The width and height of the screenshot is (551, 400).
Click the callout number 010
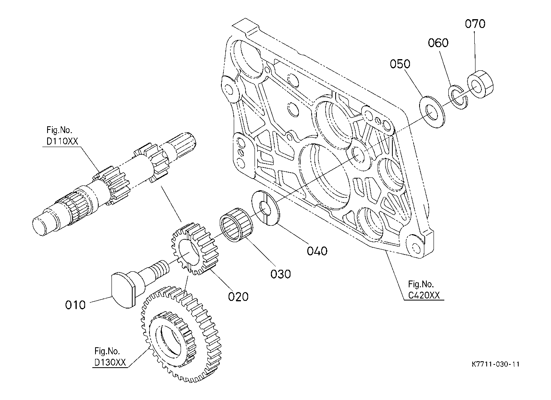(x=75, y=305)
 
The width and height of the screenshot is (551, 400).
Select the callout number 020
(x=238, y=297)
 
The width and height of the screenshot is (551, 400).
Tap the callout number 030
(x=280, y=274)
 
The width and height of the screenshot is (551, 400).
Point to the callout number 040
(x=317, y=251)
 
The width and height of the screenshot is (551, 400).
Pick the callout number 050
(x=400, y=64)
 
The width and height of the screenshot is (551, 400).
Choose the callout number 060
(x=438, y=43)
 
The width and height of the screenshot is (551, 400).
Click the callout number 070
(x=475, y=24)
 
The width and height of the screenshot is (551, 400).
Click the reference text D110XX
(x=62, y=141)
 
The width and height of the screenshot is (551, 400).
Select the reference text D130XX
(x=110, y=362)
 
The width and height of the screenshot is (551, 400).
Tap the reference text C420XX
(x=424, y=295)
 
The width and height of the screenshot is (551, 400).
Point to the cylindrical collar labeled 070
(x=480, y=84)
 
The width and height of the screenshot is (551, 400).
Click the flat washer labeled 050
(x=432, y=112)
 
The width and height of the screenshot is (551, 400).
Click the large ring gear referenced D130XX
(x=181, y=334)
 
